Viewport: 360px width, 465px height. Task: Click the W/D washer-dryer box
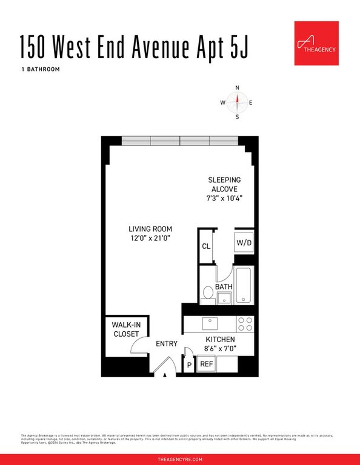click(244, 243)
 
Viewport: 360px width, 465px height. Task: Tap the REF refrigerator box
click(206, 364)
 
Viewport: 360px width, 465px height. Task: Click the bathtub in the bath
click(243, 285)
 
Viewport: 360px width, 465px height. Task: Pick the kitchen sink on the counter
click(210, 323)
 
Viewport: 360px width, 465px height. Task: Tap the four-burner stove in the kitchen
click(245, 324)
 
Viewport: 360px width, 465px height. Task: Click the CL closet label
click(206, 246)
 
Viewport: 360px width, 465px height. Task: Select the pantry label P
click(189, 365)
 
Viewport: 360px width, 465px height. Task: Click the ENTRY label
click(166, 344)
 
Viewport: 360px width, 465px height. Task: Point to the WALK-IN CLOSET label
click(126, 329)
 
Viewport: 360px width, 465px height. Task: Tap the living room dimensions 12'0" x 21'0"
click(150, 238)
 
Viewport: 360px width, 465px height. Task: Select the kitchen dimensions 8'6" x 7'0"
click(220, 348)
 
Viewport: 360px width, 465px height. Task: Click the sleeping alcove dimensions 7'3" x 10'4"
click(224, 198)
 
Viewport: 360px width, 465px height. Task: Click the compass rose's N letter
click(237, 88)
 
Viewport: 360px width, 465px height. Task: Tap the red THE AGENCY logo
click(316, 43)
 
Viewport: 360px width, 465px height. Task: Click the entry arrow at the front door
click(165, 375)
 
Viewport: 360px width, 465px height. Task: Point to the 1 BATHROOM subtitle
click(41, 69)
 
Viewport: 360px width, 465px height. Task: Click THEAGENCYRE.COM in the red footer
click(180, 459)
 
